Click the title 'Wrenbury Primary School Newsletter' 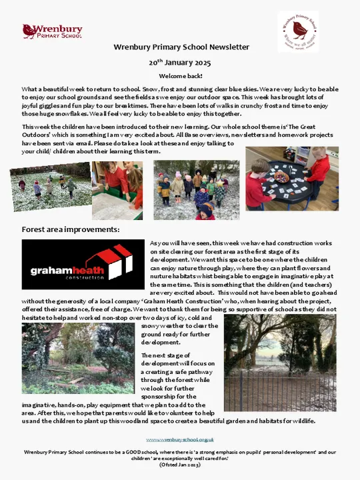[x=181, y=47]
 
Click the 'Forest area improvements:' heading [x=70, y=229]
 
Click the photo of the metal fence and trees [x=280, y=363]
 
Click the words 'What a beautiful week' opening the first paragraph [x=50, y=89]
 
